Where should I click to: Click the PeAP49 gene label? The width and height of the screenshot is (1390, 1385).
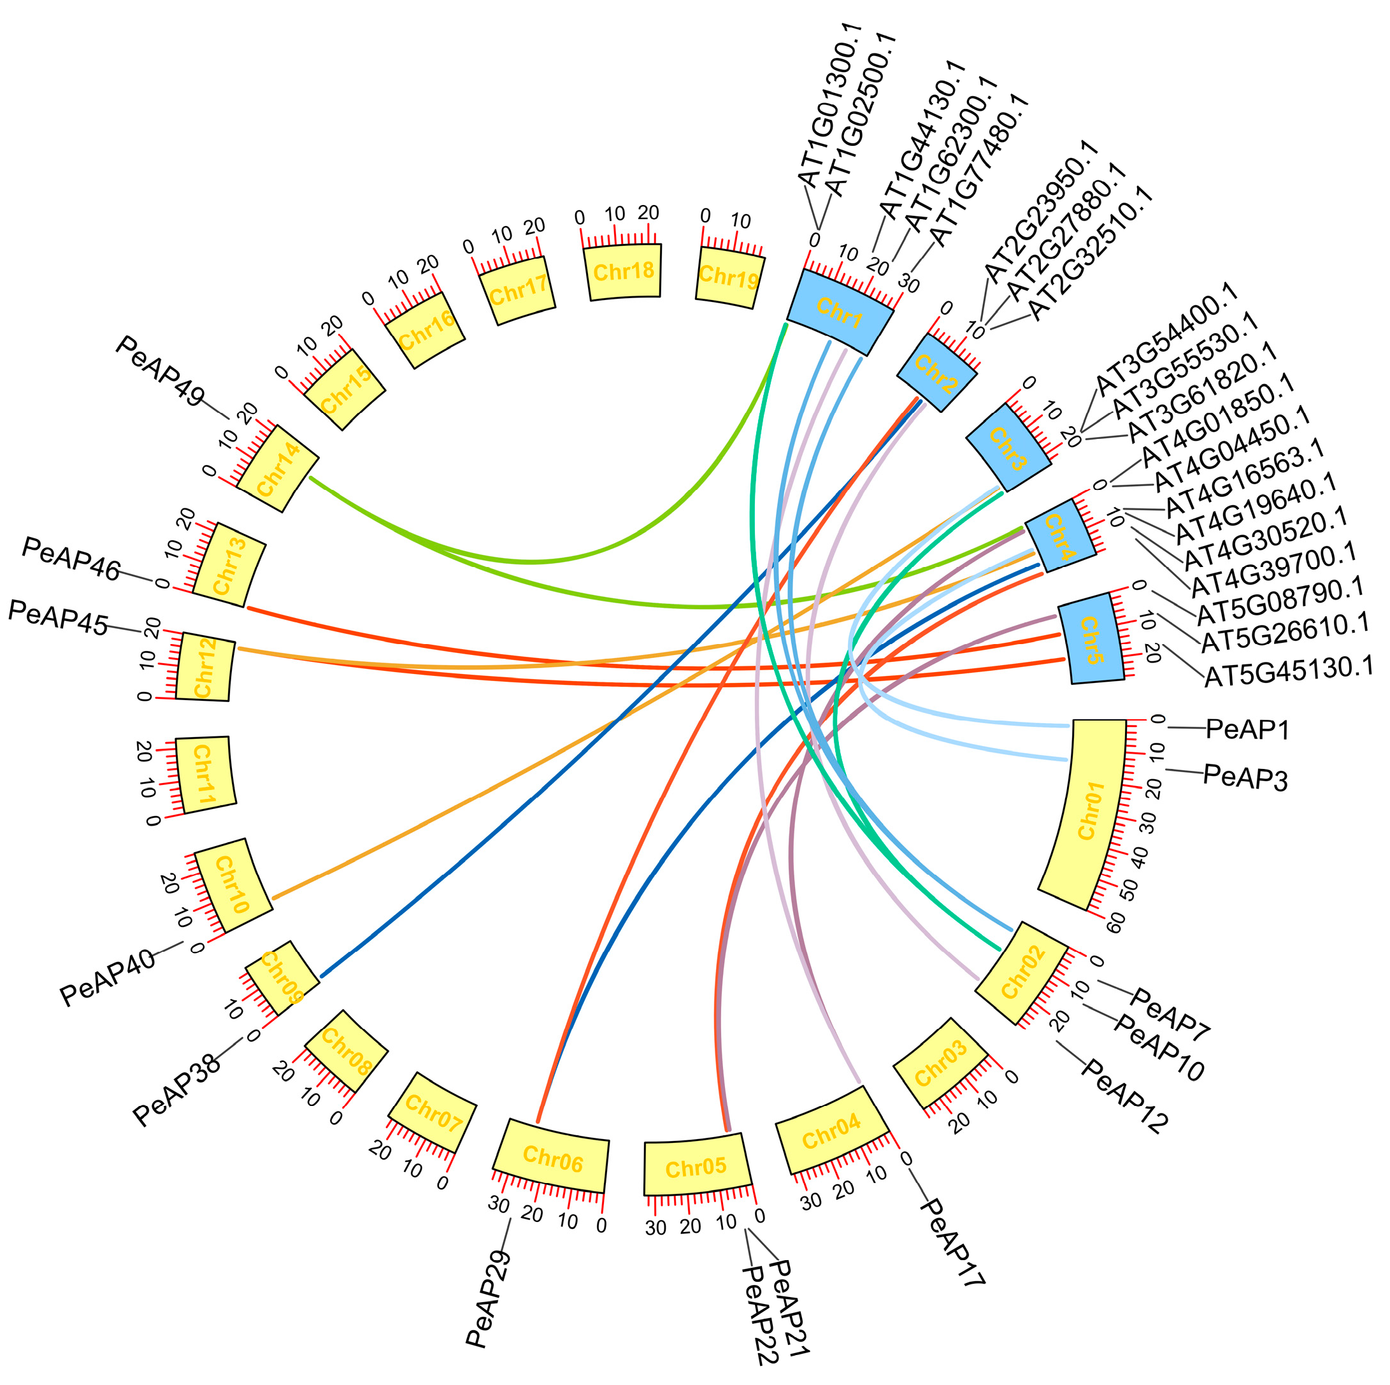(x=160, y=371)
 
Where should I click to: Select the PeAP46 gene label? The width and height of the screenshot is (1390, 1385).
(x=71, y=558)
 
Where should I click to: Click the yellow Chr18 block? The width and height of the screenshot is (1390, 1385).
(x=623, y=272)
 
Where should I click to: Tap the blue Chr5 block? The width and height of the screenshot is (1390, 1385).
(x=1089, y=639)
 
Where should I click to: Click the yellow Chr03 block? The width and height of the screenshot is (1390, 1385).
(x=940, y=1063)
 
